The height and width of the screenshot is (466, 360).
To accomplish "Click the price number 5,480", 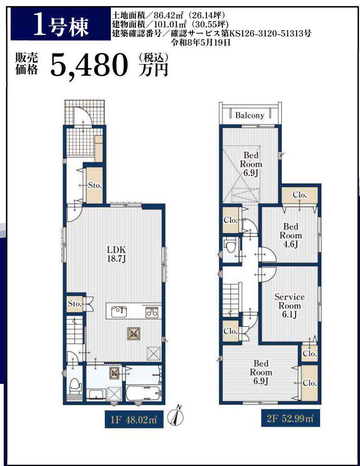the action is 89,65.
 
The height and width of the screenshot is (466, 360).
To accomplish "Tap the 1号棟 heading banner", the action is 61,24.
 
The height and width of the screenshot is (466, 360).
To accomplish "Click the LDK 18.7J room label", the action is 116,254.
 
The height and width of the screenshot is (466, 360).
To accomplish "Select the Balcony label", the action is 250,115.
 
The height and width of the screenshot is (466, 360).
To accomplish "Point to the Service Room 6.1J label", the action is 289,305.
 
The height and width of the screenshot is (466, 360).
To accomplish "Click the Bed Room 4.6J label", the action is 290,235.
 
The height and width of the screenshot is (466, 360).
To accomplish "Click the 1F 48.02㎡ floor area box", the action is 134,419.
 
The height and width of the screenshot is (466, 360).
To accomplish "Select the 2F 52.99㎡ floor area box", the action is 290,419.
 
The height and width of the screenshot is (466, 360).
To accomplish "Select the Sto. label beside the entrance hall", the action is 95,186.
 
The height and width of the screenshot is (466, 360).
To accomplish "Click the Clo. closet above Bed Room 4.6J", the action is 300,195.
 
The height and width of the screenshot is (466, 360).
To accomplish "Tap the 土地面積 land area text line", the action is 168,15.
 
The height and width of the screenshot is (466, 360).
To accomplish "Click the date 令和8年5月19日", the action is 200,42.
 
